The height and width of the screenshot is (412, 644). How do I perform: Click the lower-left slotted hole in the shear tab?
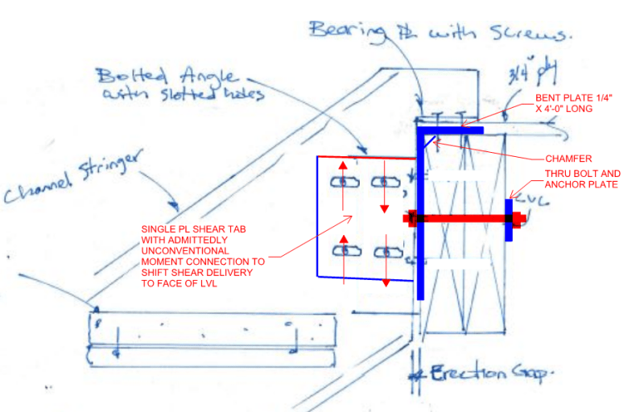[x=345, y=251]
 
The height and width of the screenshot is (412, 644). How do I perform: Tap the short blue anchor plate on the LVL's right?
[x=509, y=219]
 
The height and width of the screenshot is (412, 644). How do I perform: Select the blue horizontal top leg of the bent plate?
[x=451, y=128]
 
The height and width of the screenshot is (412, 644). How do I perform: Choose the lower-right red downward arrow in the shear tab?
[x=386, y=270]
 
